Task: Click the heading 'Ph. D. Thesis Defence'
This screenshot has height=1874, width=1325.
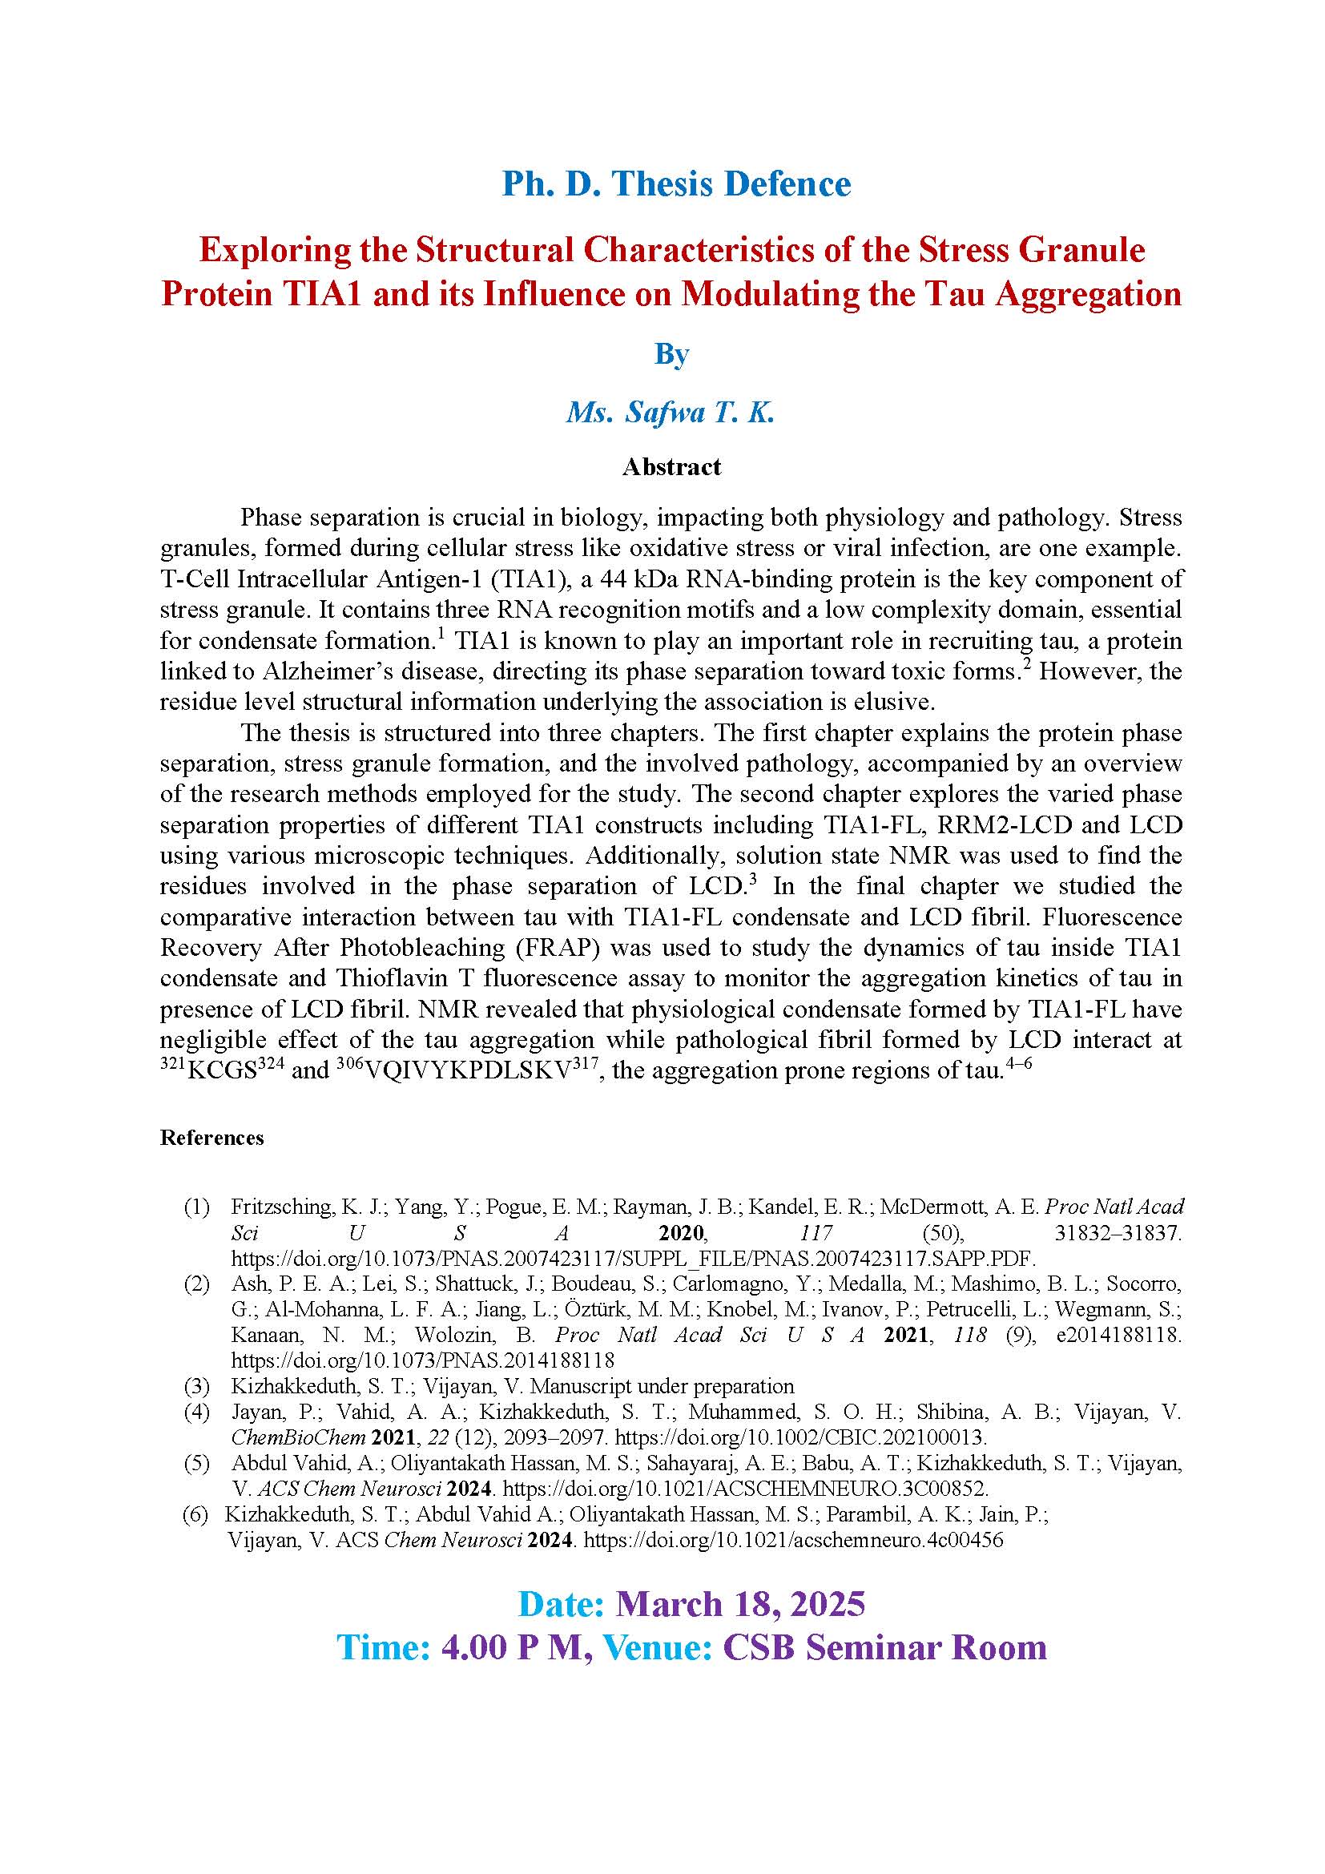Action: click(x=676, y=183)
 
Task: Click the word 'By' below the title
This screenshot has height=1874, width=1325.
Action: click(x=671, y=354)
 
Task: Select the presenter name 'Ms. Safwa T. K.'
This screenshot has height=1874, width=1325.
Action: click(x=670, y=412)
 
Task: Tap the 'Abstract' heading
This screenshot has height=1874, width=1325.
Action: click(x=671, y=467)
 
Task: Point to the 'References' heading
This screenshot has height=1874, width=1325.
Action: click(x=212, y=1138)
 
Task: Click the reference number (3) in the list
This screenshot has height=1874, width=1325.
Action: click(x=196, y=1386)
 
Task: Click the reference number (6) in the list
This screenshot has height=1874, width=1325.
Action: click(x=195, y=1515)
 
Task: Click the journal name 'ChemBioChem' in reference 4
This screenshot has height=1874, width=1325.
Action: click(x=298, y=1437)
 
